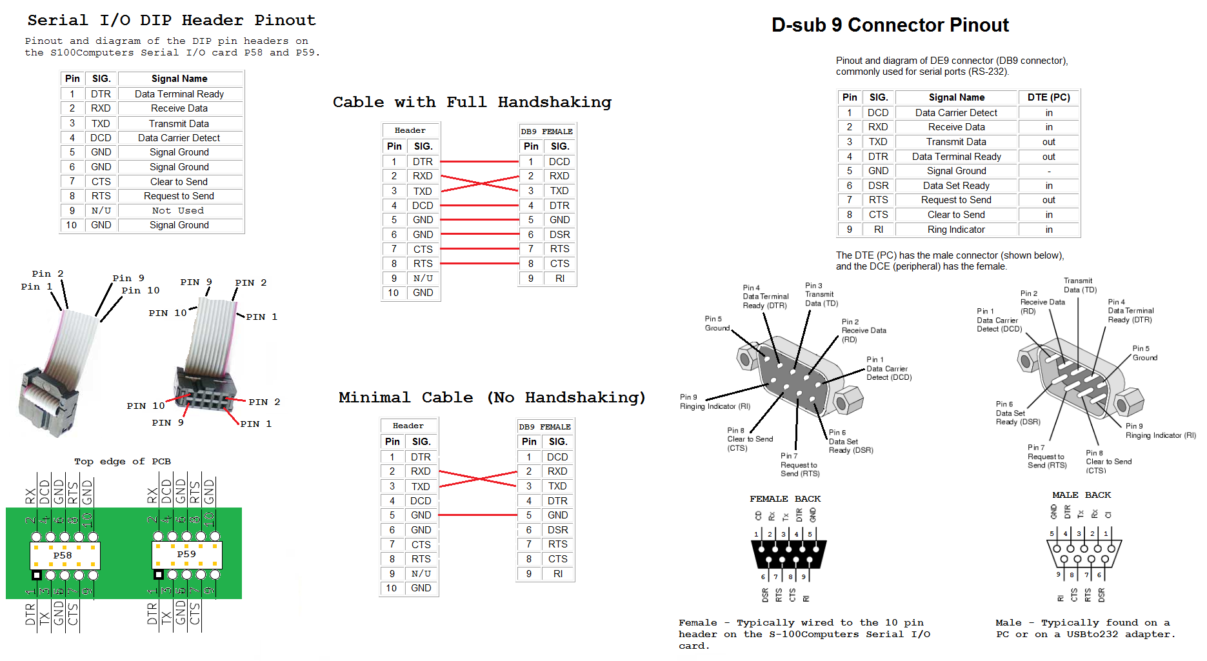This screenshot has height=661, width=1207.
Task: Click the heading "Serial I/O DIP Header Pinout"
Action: (x=172, y=21)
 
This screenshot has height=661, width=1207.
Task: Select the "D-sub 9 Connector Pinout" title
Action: (x=890, y=25)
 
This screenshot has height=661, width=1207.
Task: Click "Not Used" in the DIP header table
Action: (x=178, y=211)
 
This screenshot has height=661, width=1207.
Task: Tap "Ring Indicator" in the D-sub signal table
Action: (x=955, y=230)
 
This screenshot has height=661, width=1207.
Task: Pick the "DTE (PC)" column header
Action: (x=1048, y=97)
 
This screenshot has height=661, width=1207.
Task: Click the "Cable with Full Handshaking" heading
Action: (x=472, y=103)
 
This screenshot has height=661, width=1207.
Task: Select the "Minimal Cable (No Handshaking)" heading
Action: (x=492, y=398)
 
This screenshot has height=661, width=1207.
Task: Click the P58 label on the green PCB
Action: (x=63, y=555)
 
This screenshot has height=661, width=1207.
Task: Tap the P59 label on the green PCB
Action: (x=186, y=554)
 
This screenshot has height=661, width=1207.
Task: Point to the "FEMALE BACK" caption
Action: (x=784, y=499)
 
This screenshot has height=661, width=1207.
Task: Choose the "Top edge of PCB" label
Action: (x=123, y=462)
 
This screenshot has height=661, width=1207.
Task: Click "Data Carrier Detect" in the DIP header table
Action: (x=179, y=138)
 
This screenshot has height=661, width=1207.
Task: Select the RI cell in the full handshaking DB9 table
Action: (x=559, y=279)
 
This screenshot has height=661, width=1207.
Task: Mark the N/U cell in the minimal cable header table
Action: (x=421, y=574)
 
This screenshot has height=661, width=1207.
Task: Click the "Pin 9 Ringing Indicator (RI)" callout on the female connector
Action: (x=715, y=402)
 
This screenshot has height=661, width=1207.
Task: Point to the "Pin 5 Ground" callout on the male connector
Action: (x=1144, y=353)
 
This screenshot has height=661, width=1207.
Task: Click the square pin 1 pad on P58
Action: (x=37, y=575)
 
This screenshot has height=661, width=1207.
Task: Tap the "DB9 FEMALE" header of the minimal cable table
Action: (x=544, y=427)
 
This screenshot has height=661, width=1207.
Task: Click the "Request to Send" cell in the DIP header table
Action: (x=179, y=196)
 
